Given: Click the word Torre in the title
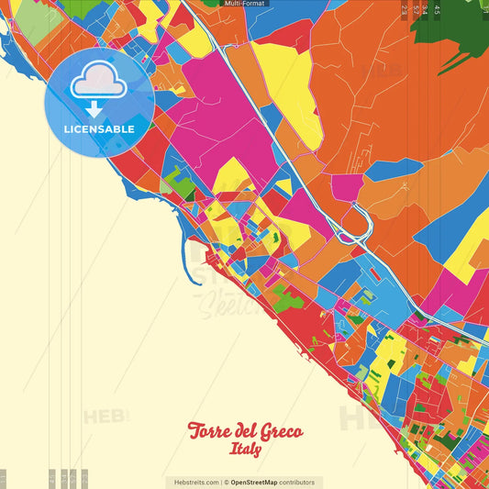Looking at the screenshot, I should pyautogui.click(x=207, y=431).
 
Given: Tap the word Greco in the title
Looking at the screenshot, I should pyautogui.click(x=278, y=432).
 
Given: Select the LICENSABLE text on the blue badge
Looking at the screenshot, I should pyautogui.click(x=98, y=129).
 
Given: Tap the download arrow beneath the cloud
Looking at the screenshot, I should pyautogui.click(x=98, y=108).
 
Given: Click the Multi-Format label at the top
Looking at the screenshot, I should pyautogui.click(x=244, y=4).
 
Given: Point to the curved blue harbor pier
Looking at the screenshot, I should pyautogui.click(x=194, y=262).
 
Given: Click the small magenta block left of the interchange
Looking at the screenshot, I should pyautogui.click(x=347, y=187).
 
